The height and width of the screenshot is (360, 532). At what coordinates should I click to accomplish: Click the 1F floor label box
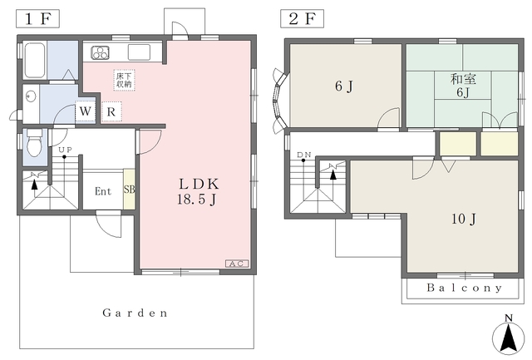tap(37, 18)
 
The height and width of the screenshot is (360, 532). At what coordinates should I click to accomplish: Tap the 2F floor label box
tap(302, 18)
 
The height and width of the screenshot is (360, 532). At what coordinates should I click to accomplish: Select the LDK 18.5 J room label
tap(198, 191)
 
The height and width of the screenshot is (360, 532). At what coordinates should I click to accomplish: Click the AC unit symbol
tap(237, 264)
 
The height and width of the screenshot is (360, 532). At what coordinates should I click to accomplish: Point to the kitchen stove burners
tap(101, 52)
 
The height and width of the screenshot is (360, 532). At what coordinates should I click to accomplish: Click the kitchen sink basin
tap(139, 52)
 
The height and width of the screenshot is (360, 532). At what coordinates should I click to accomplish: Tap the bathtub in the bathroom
tap(35, 60)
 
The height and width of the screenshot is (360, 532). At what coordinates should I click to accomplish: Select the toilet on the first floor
tap(34, 142)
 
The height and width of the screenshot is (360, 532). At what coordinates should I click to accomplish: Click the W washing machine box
tap(85, 111)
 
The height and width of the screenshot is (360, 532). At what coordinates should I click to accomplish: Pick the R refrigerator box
tap(111, 111)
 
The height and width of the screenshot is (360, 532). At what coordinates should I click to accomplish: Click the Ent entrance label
tap(103, 191)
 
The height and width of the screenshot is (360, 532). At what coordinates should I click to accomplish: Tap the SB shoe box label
tap(130, 190)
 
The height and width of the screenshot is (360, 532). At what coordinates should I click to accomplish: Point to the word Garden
tap(135, 313)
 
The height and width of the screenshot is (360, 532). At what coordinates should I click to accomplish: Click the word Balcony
tap(464, 288)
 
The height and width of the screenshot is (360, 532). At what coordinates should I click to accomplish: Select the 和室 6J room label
tap(463, 86)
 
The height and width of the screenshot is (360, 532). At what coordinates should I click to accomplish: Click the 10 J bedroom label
tap(464, 219)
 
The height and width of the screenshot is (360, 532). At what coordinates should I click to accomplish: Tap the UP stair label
tap(65, 150)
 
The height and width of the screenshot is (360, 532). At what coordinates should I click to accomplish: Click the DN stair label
tap(304, 155)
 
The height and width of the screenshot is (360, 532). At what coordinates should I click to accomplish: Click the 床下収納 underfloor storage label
tap(124, 80)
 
